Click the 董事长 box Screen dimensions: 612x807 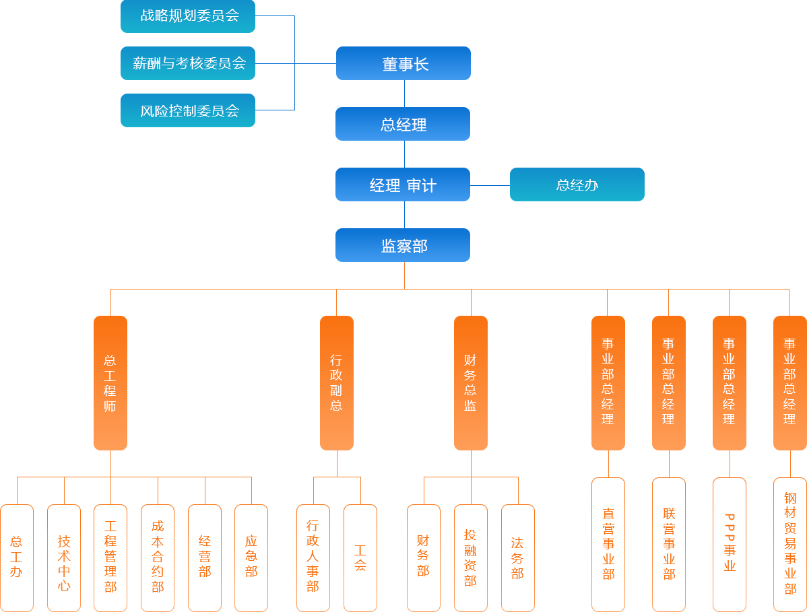click(403, 63)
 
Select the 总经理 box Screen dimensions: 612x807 click(402, 124)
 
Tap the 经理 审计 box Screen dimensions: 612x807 click(402, 184)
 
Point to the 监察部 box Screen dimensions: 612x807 click(402, 245)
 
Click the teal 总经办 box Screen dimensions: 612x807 click(577, 184)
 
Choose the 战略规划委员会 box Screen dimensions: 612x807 click(188, 15)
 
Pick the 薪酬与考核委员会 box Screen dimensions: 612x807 click(188, 63)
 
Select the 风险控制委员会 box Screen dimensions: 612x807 click(188, 110)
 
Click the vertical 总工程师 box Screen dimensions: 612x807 click(110, 382)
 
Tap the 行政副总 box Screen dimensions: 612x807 click(337, 382)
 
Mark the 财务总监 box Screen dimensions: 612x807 click(470, 382)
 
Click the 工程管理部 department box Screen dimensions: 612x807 click(110, 557)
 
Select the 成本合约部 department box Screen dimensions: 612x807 click(157, 557)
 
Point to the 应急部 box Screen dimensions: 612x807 click(251, 557)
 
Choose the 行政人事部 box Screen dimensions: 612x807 click(313, 557)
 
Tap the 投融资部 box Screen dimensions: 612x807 click(470, 557)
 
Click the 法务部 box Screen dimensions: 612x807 click(517, 557)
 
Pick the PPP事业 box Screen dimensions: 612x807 click(729, 544)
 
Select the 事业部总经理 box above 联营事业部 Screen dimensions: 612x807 click(668, 382)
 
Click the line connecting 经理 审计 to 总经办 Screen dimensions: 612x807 click(490, 184)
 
